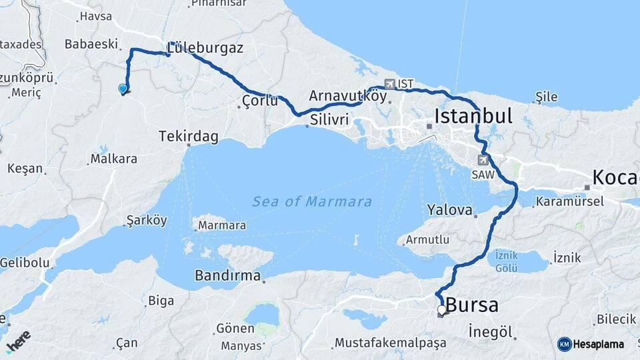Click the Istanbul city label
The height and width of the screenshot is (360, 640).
click(473, 116)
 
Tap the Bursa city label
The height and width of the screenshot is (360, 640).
click(472, 305)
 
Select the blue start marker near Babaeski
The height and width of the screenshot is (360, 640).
click(123, 89)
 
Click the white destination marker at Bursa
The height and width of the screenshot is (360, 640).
click(441, 309)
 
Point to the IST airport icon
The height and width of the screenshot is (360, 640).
click(390, 84)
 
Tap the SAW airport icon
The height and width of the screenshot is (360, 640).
click(483, 160)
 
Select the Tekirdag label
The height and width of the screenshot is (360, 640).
click(189, 136)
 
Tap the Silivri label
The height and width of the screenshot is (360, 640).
click(329, 121)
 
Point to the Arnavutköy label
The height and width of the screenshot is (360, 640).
click(347, 95)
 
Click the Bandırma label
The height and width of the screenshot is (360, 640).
click(228, 275)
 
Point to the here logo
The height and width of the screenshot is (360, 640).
click(19, 341)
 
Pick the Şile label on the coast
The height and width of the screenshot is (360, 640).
click(547, 97)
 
